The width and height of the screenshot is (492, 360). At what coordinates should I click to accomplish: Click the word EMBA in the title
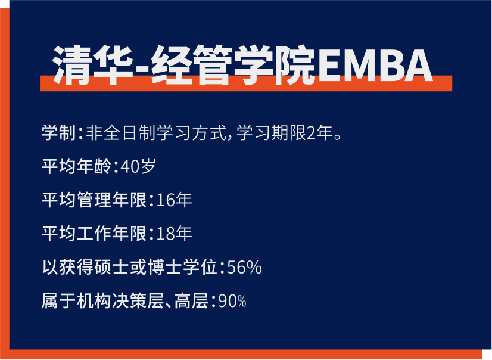(x=375, y=66)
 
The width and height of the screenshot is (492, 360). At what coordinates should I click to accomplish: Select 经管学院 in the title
(x=233, y=66)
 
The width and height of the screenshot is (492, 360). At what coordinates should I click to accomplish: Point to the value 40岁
(x=138, y=166)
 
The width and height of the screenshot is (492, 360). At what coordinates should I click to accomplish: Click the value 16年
(x=174, y=200)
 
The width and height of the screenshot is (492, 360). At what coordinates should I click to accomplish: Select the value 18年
(x=174, y=234)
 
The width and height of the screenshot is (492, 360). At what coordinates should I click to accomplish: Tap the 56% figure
(x=244, y=268)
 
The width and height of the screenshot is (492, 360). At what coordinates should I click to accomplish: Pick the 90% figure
(x=232, y=301)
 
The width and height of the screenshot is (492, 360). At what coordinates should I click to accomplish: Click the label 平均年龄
(x=77, y=166)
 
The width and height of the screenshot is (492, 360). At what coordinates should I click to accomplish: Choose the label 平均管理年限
(x=94, y=200)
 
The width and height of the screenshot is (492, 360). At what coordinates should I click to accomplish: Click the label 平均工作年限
(x=94, y=234)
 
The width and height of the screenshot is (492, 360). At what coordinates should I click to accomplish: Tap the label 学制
(x=59, y=132)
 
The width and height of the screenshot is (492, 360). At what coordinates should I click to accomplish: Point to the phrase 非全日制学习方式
(x=156, y=132)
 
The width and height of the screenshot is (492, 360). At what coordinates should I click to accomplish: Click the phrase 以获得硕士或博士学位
(x=130, y=268)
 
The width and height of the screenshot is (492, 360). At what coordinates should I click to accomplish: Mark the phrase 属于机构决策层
(x=103, y=301)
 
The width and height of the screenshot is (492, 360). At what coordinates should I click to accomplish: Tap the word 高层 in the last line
(x=192, y=301)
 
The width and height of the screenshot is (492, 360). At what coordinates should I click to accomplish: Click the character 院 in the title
(x=295, y=66)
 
